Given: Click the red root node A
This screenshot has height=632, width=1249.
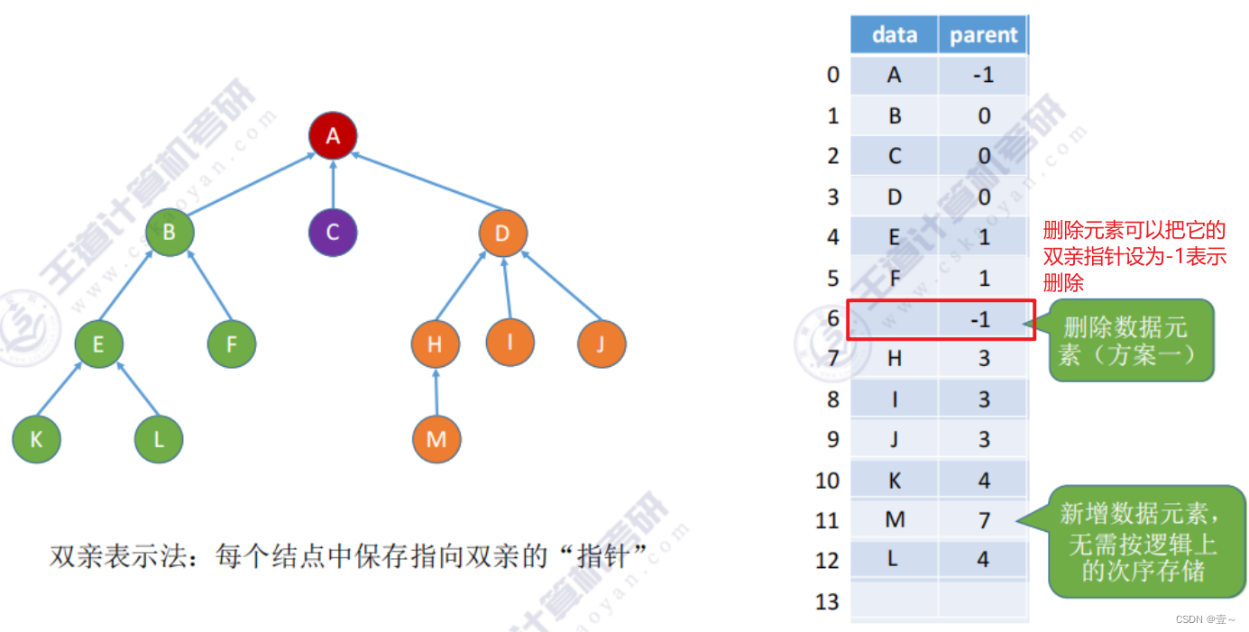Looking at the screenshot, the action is point(333,136).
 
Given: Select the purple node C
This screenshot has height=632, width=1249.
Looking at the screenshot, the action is point(333,233).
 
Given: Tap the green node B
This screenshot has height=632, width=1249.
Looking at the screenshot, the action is point(169,233).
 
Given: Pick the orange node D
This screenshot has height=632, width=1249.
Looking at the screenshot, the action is point(502,233).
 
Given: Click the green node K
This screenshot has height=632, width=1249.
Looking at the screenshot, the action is point(36,440).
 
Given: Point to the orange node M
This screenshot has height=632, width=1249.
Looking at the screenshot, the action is point(436,440).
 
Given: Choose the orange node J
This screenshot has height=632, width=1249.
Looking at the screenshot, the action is point(602,343).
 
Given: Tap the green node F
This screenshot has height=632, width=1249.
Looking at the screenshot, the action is point(232,343).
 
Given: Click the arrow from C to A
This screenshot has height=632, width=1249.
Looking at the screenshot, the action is point(333,185).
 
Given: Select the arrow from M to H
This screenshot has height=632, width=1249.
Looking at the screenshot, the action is point(436,392).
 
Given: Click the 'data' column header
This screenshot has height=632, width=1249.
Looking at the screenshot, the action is point(894,35).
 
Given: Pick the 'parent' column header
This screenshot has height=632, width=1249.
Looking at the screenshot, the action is point(983,35).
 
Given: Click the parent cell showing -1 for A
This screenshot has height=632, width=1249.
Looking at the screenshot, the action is point(983,76).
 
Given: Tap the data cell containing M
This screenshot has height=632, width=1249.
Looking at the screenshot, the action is point(894,520).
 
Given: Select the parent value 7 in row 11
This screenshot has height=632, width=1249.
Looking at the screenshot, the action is point(983,520).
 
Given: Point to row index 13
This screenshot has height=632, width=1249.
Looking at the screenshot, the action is point(827,601).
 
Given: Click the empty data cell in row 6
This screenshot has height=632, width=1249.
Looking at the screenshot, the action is point(894,318).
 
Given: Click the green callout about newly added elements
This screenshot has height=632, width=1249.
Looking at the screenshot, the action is point(1145,541).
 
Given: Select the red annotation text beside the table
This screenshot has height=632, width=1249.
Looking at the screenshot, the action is point(1134,256).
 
